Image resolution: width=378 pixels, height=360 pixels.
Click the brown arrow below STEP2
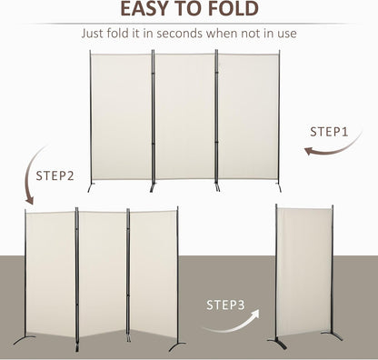[30, 189]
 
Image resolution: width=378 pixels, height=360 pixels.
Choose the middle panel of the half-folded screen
[102, 273]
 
